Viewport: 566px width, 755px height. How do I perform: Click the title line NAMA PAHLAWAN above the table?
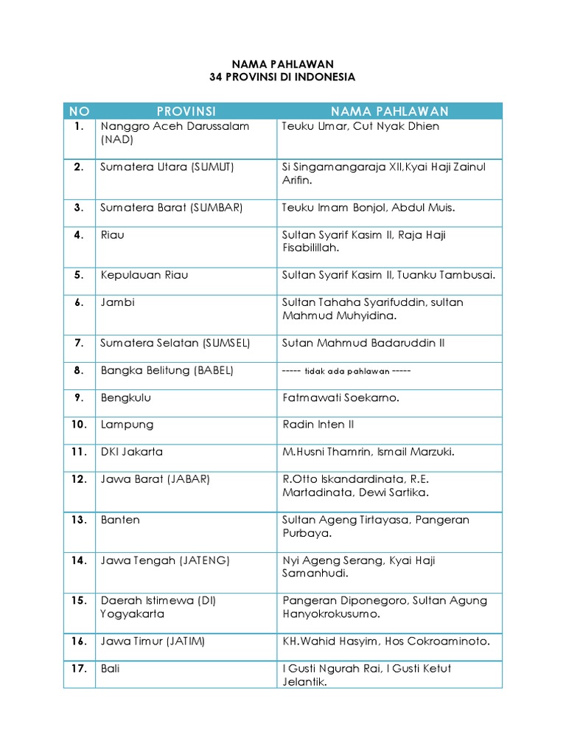coord(282,64)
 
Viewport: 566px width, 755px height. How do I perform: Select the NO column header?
coord(79,111)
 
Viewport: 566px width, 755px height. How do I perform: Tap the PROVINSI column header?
coord(186,111)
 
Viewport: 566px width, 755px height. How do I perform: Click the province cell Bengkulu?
coord(126,398)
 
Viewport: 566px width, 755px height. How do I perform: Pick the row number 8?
coord(79,371)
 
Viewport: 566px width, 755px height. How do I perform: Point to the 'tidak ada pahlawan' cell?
coord(346,371)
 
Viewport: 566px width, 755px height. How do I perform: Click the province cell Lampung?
coord(127,425)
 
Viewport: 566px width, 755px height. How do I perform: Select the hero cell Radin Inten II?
coord(318,425)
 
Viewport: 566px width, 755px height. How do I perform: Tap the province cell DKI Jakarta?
coord(132,452)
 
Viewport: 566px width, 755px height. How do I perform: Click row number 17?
coord(79,669)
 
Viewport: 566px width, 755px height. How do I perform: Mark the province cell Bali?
coord(111,669)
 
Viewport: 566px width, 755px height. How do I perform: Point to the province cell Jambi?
coord(118,302)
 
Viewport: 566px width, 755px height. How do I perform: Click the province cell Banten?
coord(120,520)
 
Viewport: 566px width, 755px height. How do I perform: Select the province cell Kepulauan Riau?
coord(144,275)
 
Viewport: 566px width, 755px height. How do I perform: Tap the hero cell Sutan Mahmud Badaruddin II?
coord(363,343)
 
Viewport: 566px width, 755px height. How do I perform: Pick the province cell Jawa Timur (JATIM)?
coord(153,641)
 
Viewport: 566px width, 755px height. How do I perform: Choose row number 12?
coord(79,479)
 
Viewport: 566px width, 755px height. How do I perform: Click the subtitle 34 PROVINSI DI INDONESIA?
coord(282,77)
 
